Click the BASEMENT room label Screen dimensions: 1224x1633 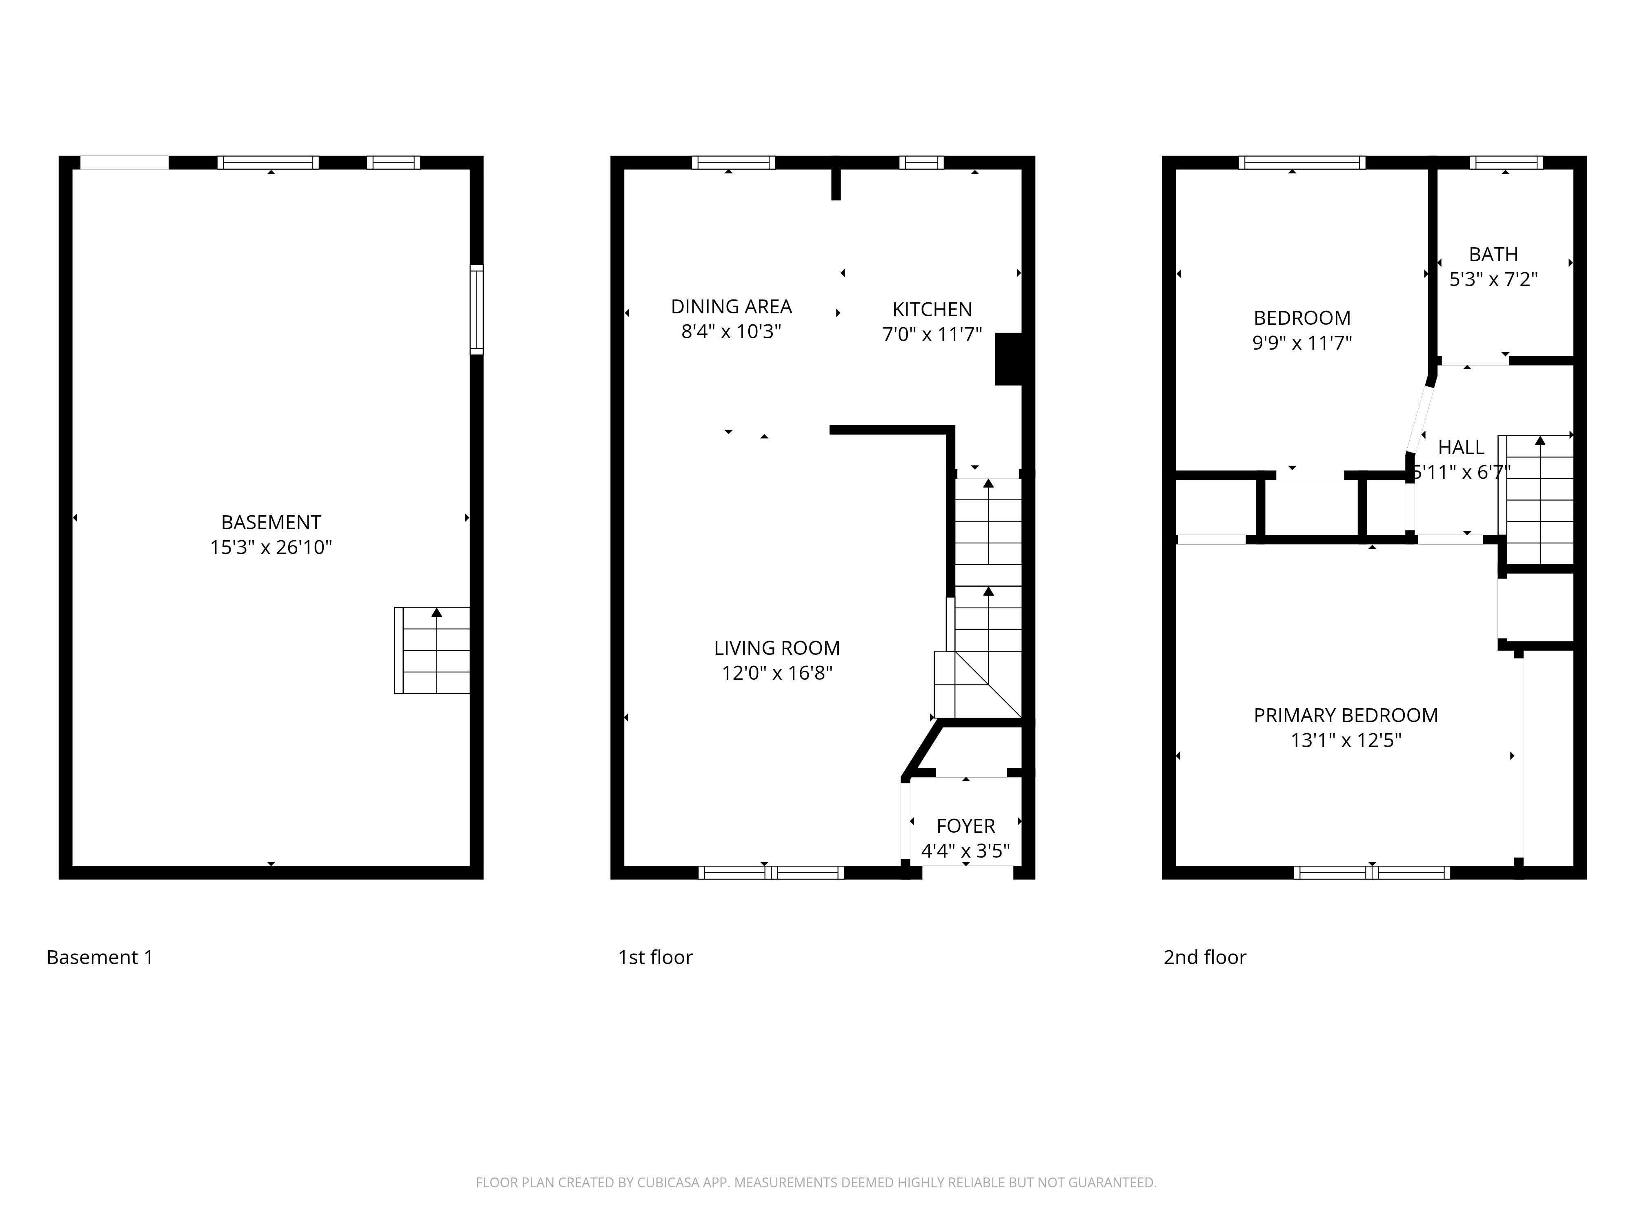[271, 522]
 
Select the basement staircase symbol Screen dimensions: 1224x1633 [433, 650]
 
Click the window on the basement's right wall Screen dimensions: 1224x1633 [477, 310]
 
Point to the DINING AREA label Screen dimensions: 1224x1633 [731, 306]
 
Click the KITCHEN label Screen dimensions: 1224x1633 [932, 309]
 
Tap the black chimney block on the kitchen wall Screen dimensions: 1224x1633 [1008, 359]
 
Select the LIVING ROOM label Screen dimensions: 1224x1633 [776, 648]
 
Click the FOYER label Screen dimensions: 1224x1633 [966, 826]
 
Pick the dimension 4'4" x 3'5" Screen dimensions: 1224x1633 [966, 851]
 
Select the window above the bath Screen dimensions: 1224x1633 [1506, 162]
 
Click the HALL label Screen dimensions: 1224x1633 [1461, 447]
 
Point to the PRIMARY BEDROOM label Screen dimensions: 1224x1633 [1345, 715]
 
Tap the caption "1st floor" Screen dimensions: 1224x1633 [655, 957]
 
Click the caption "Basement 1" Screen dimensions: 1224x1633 [100, 957]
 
